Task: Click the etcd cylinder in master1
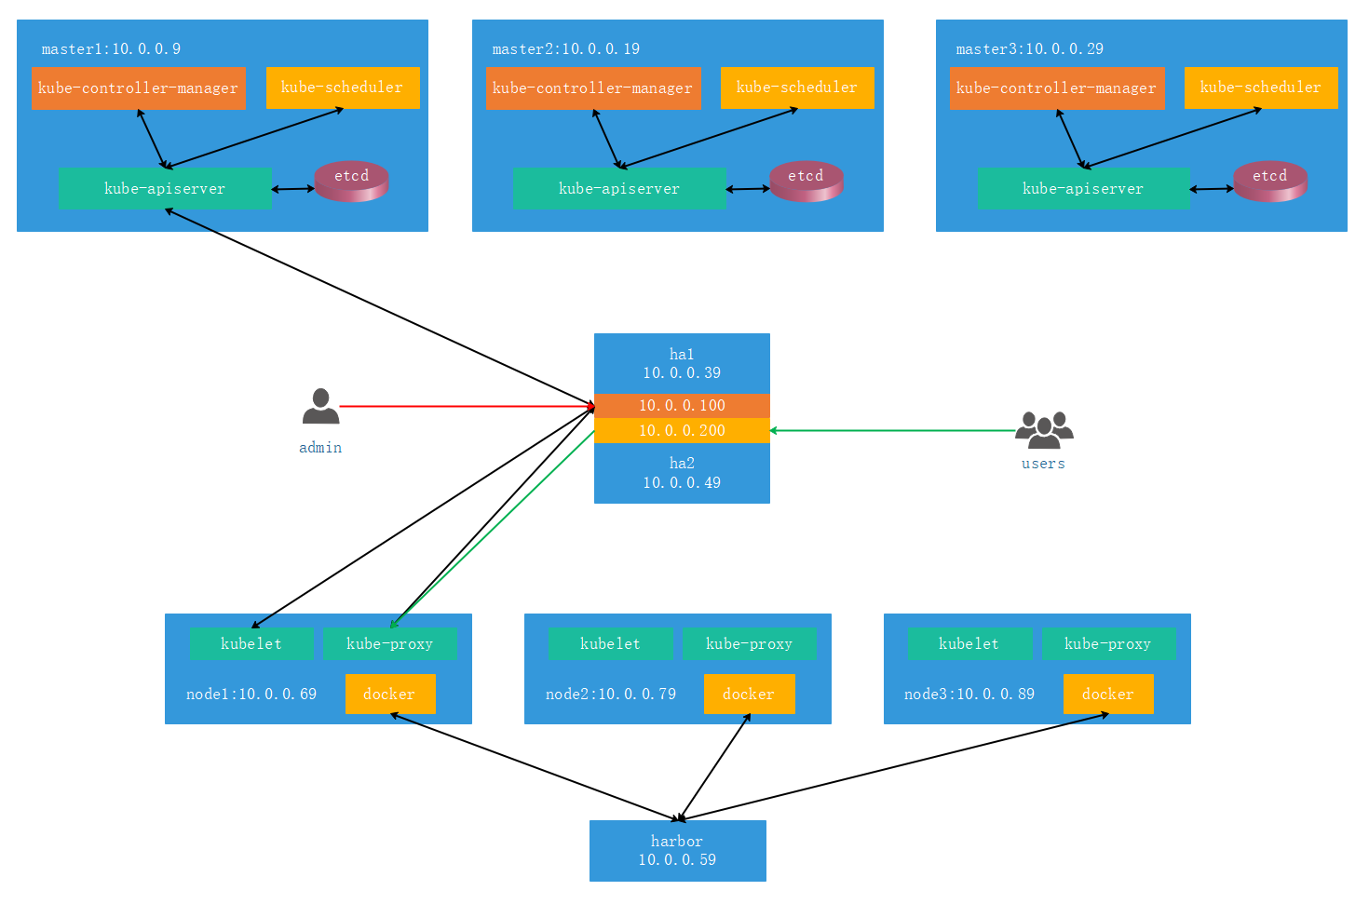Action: pos(351,181)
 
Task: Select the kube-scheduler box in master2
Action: pos(797,88)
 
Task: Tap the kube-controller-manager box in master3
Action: pos(1057,88)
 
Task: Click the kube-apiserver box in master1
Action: pos(165,189)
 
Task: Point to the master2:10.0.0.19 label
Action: pos(566,48)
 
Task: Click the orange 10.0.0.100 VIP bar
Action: pos(682,406)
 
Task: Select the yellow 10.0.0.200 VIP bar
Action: pos(682,431)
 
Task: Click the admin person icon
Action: pos(321,406)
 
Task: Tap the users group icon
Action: pos(1044,430)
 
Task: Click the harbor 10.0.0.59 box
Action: pos(678,851)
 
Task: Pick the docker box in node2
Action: pos(750,694)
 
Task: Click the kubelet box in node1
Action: pos(251,644)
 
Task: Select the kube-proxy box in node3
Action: pos(1108,644)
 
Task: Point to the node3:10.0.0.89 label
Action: pos(969,694)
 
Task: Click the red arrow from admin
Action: pos(468,406)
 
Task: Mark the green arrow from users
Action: pos(891,431)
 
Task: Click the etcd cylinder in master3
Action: pos(1270,181)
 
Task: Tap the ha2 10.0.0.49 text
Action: pos(682,473)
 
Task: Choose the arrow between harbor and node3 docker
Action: pos(893,766)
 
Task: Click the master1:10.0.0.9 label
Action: pos(111,48)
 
